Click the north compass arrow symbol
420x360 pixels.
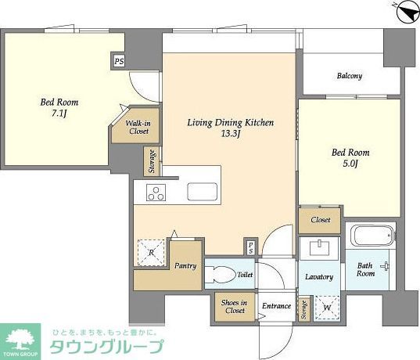(x=407, y=12)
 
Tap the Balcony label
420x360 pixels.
(x=350, y=76)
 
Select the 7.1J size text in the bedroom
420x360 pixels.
(x=59, y=113)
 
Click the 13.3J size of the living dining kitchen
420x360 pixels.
(x=230, y=134)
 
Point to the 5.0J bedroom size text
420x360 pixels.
(x=350, y=164)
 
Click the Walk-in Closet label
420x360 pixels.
(x=138, y=128)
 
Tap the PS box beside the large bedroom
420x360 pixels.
(x=119, y=61)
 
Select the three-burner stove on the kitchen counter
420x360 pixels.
(x=156, y=193)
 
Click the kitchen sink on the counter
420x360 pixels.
(x=203, y=192)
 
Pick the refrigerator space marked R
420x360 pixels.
(x=151, y=252)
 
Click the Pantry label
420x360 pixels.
(x=185, y=266)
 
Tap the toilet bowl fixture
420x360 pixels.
(x=220, y=274)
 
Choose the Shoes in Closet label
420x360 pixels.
(x=235, y=306)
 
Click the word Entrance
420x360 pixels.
(x=276, y=306)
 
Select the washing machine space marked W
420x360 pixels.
(x=327, y=308)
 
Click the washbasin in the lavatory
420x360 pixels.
(x=319, y=248)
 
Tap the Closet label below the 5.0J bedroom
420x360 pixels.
(x=321, y=220)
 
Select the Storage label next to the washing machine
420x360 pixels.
(x=303, y=310)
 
